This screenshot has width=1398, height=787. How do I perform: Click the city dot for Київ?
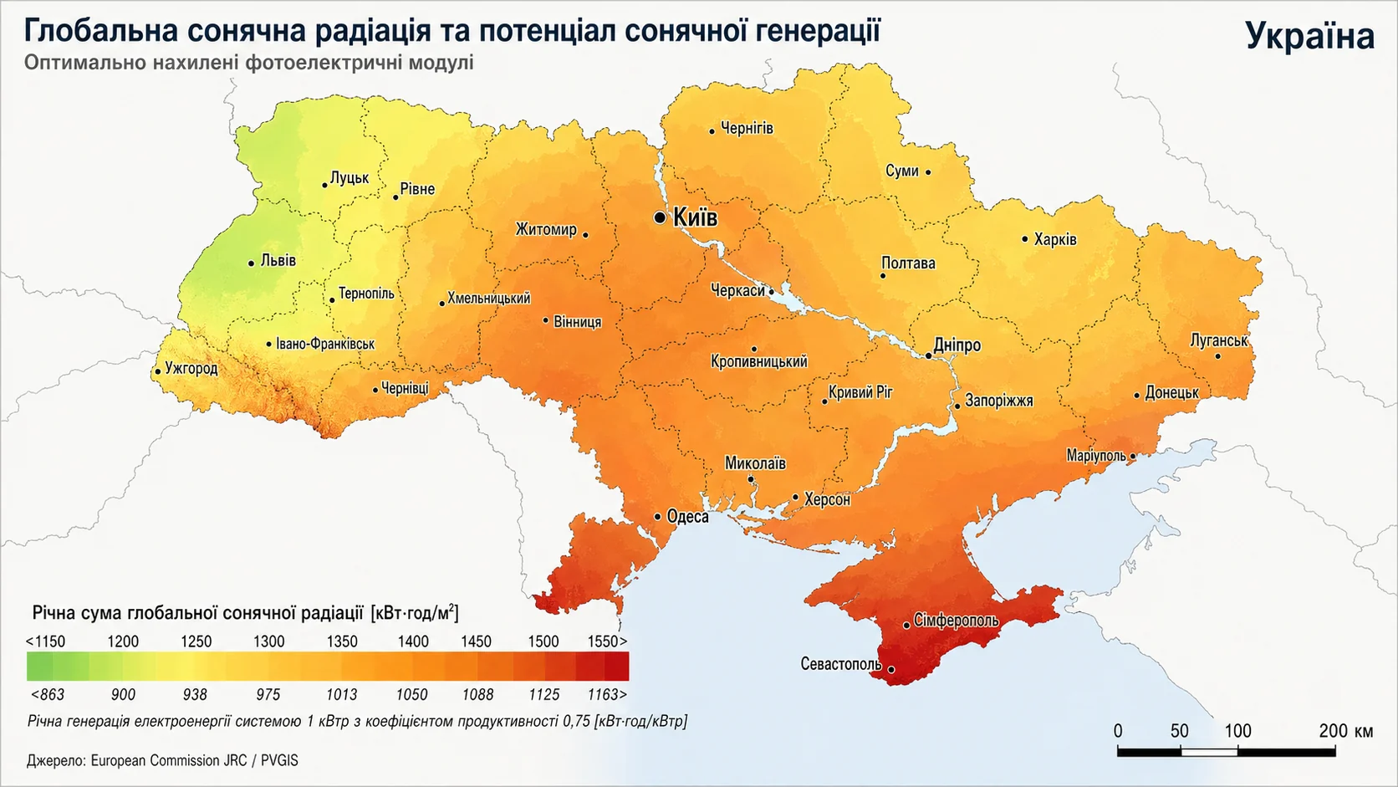[x=660, y=217]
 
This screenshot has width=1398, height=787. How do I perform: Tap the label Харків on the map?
[x=1055, y=239]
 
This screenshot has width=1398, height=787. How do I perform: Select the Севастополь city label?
[x=840, y=664]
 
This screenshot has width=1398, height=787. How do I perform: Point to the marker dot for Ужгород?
[x=157, y=372]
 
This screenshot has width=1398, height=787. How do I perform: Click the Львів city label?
[x=278, y=260]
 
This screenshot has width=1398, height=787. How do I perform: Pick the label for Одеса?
[x=687, y=517]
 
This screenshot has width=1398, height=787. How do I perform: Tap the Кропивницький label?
[x=758, y=361]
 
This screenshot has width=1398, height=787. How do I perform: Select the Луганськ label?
[x=1219, y=340]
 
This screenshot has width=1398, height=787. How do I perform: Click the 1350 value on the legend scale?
[x=341, y=641]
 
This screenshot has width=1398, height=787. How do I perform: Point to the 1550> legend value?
[x=607, y=641]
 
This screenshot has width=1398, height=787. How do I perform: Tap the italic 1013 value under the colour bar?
[x=341, y=694]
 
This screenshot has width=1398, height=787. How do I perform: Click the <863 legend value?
[x=48, y=694]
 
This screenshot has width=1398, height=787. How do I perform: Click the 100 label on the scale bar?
[x=1237, y=730]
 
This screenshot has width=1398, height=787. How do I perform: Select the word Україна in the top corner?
[x=1309, y=36]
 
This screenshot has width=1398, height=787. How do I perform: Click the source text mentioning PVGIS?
[x=162, y=760]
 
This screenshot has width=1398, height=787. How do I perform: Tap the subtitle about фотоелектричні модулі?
[x=248, y=63]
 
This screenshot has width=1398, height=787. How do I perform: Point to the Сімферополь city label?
[x=956, y=621]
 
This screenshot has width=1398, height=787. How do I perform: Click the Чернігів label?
[x=747, y=128]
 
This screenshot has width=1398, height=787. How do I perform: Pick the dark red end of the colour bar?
[x=617, y=667]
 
